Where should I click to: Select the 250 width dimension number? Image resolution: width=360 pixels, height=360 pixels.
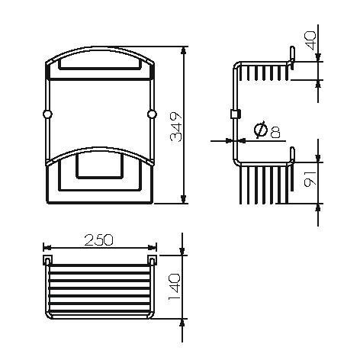[99, 239]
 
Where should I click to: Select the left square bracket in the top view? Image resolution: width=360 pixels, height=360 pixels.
[48, 262]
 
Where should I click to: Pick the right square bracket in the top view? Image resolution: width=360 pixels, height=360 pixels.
[151, 262]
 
